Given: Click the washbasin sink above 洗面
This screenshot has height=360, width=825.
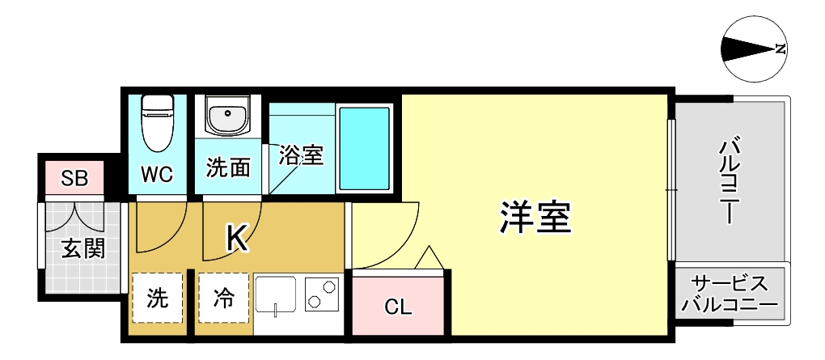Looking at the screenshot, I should click(x=226, y=116).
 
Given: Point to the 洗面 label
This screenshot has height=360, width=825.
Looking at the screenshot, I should click(x=227, y=167).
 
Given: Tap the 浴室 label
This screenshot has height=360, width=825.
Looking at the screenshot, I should click(x=301, y=155).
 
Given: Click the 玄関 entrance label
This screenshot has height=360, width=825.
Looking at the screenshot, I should click(x=82, y=247).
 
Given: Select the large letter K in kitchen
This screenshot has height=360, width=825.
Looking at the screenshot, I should click(x=236, y=237).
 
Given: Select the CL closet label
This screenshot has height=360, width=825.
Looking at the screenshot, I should click(x=398, y=307).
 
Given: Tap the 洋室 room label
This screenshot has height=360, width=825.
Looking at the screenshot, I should click(x=535, y=217).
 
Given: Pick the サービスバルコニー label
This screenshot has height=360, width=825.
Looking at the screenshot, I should click(x=729, y=294).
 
